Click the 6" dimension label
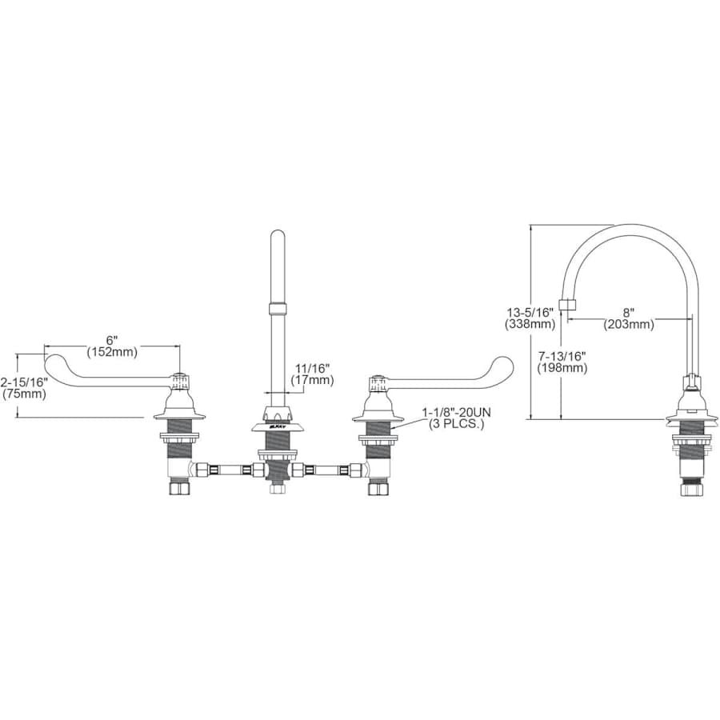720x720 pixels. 112,339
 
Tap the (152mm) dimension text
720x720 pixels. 112,351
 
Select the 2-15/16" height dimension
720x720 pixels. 23,382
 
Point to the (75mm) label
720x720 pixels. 23,394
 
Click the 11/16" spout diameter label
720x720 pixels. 312,368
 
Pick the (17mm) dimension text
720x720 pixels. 312,380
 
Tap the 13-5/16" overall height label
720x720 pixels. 528,313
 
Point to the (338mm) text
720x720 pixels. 528,325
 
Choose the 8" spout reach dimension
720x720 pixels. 629,312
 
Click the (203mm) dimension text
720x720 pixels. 629,324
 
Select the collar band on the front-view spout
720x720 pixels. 278,309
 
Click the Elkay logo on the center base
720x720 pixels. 277,429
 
